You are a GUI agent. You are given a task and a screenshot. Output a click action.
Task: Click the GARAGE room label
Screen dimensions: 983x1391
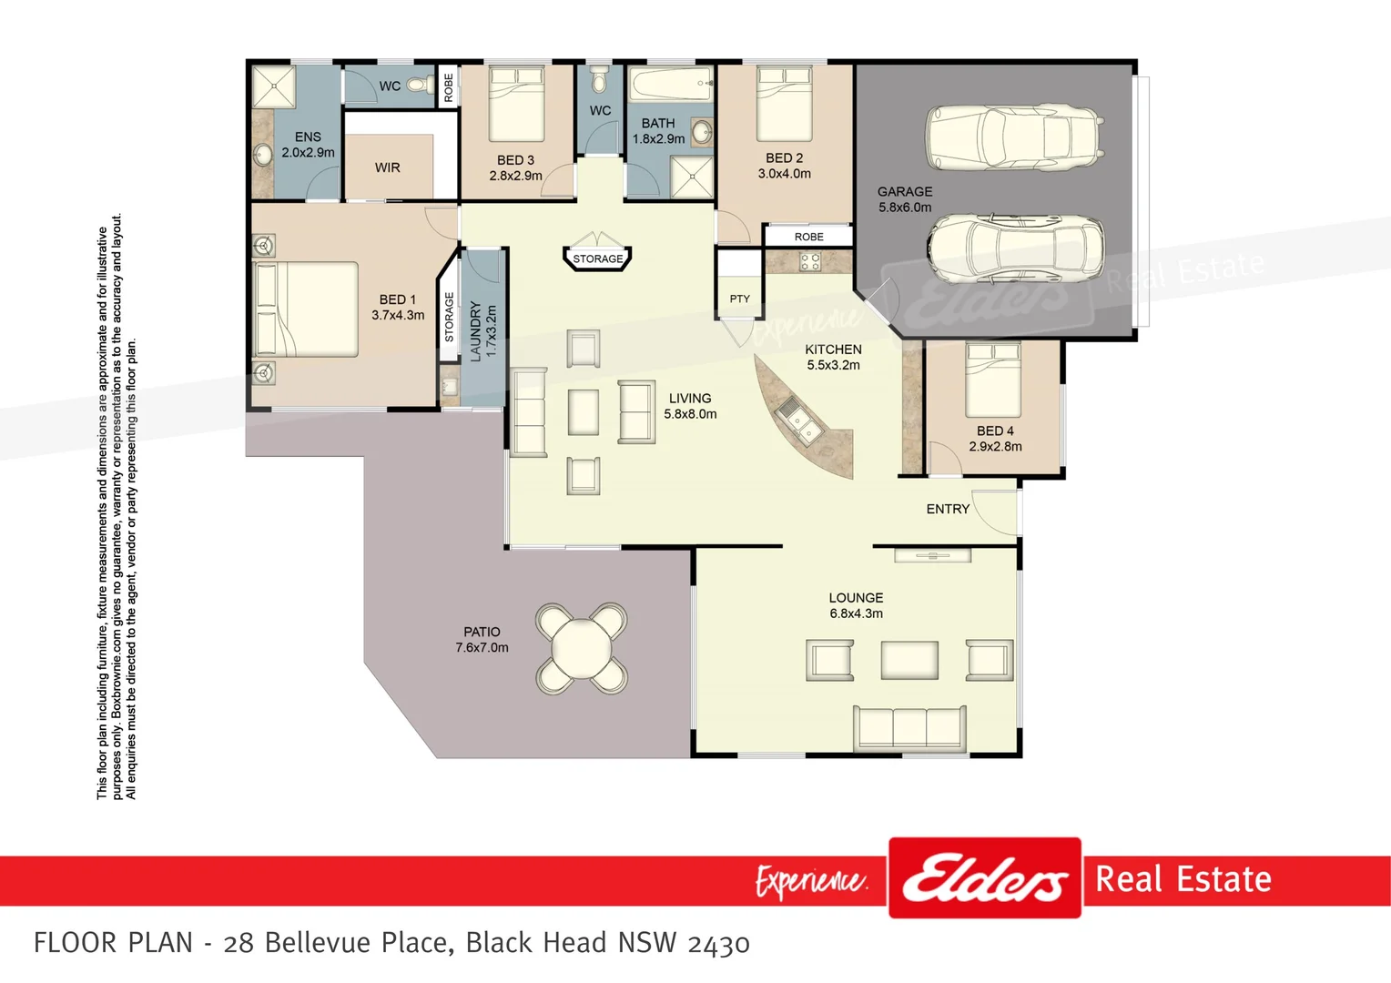(x=904, y=192)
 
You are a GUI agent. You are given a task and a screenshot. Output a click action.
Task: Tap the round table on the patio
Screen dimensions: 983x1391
(x=581, y=647)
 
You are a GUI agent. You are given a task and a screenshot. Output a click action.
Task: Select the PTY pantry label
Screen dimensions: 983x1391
(x=739, y=299)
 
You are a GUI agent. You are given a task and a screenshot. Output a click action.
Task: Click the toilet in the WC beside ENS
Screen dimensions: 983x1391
(x=421, y=85)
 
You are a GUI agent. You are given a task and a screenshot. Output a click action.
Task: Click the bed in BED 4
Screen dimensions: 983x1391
(x=992, y=379)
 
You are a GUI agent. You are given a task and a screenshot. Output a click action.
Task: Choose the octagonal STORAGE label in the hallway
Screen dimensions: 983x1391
(x=597, y=258)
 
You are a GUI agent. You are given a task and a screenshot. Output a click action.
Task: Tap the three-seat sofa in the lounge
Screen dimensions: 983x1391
(x=909, y=726)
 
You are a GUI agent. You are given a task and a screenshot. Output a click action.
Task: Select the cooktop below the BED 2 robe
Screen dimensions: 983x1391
(x=809, y=262)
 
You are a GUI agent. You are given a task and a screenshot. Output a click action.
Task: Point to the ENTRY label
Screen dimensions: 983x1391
(x=948, y=509)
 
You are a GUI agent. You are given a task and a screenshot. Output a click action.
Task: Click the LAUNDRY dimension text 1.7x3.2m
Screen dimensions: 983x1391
(x=492, y=331)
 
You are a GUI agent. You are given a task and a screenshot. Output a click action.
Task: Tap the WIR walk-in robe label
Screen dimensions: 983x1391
(x=388, y=167)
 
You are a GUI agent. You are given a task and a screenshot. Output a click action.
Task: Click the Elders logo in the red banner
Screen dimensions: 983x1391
(x=984, y=878)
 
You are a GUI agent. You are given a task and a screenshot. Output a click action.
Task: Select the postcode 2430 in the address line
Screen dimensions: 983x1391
(x=718, y=943)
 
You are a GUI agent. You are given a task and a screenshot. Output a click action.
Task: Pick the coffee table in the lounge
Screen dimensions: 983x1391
(x=909, y=660)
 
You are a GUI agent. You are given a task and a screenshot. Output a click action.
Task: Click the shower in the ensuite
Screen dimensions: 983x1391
(x=274, y=86)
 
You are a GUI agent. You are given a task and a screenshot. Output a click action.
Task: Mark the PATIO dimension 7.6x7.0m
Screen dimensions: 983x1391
(x=482, y=648)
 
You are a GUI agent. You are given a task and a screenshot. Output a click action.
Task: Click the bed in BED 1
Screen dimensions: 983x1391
(x=306, y=309)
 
